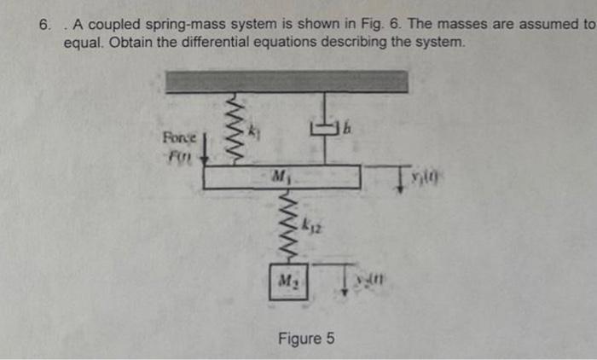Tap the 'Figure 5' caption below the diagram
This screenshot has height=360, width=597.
(306, 340)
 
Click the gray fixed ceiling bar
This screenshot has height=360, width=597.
(287, 81)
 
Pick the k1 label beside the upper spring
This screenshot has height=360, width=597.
(253, 132)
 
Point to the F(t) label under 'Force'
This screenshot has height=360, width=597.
(178, 157)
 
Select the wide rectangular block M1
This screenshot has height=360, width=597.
(281, 177)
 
